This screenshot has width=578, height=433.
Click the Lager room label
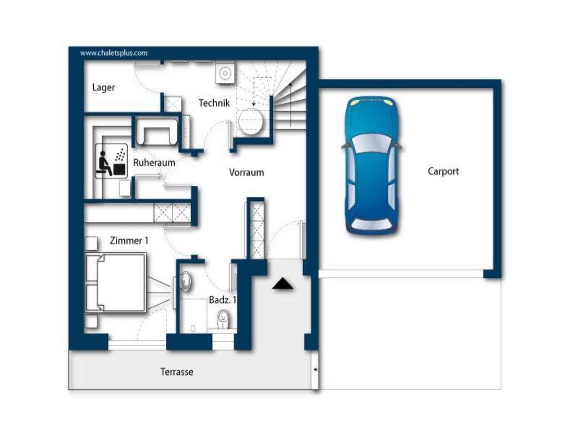tap(103, 88)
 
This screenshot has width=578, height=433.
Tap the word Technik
tap(214, 103)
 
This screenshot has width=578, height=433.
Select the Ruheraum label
tap(154, 163)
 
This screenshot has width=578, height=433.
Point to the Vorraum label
tap(246, 172)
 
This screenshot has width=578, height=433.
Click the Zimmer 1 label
tap(129, 241)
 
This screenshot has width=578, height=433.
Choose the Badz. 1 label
tap(222, 300)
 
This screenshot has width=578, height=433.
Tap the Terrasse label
tap(177, 372)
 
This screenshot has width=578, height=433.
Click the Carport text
tap(443, 171)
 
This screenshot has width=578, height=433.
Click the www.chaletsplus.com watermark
tap(114, 53)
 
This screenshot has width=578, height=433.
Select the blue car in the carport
tap(371, 165)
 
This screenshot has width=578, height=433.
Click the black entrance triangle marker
tap(282, 284)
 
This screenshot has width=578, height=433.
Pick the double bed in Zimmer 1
tap(116, 283)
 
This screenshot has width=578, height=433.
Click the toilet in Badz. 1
tap(223, 320)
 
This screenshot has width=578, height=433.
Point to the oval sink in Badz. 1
tap(186, 281)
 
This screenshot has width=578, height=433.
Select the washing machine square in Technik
tap(225, 73)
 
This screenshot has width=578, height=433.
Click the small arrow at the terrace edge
tap(315, 370)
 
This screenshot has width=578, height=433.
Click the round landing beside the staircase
tap(251, 121)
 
